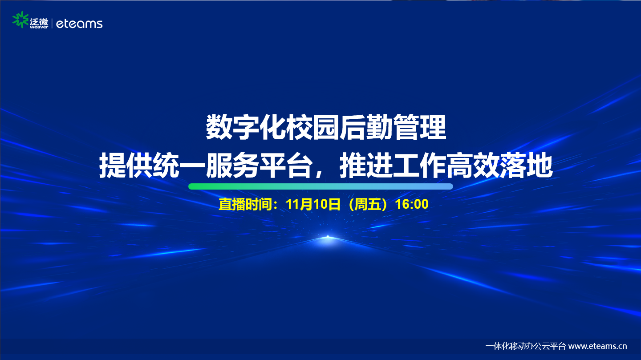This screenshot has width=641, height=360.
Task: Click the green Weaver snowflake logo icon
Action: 20,20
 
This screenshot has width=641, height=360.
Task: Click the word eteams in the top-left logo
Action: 79,24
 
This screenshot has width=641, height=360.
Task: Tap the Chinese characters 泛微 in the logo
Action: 39,21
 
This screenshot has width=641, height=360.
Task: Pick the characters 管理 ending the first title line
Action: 419,127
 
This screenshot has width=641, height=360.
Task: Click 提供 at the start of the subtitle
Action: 126,166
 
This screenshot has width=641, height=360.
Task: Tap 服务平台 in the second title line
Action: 258,166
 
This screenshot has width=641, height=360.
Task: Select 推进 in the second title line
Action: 365,166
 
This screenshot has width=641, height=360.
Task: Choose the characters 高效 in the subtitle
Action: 472,166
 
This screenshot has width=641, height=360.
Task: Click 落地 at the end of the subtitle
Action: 526,166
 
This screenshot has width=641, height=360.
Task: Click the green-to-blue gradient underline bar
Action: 320,186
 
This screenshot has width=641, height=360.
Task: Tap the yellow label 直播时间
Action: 245,204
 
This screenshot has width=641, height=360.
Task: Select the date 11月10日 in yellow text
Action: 313,204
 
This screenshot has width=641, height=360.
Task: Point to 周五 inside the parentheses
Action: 368,204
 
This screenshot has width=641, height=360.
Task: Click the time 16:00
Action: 412,204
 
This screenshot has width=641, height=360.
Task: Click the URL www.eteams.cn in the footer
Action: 597,346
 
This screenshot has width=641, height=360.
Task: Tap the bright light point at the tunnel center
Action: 328,237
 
